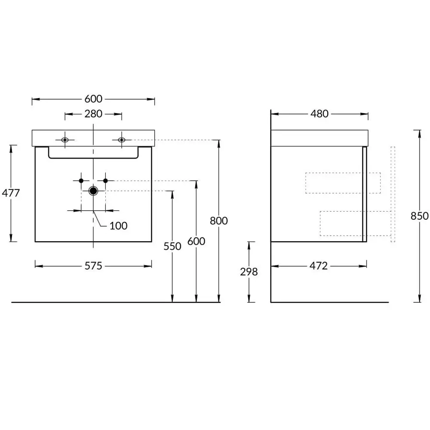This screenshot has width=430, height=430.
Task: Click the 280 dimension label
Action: pos(93,114)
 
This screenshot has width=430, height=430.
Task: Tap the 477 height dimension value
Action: pos(11,193)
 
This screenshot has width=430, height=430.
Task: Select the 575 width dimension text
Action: pos(93,266)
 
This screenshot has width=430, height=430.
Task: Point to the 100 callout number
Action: pos(119,226)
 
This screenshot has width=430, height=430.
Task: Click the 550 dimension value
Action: pos(172,246)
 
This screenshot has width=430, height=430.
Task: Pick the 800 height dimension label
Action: pos(218,221)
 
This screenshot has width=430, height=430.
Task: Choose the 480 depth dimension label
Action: pos(319,114)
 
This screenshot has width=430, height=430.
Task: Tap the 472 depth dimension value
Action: pos(318,266)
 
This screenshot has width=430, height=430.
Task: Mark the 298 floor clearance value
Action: pos(249,272)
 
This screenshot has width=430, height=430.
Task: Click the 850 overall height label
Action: pos(419,216)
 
